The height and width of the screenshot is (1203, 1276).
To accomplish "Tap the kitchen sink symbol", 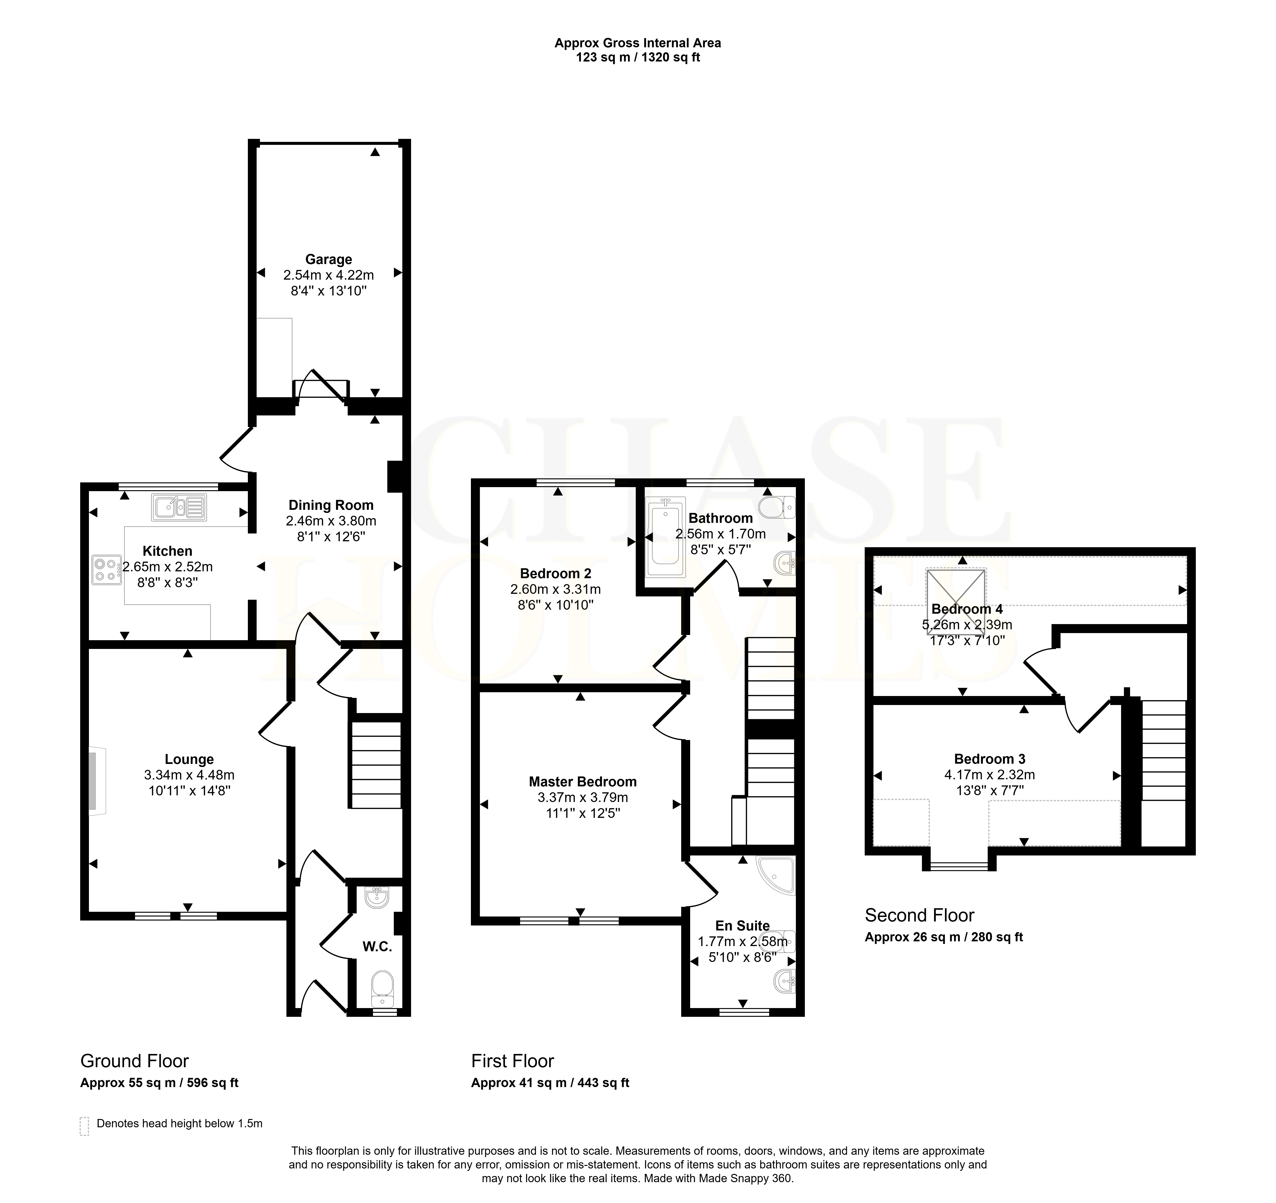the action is [179, 507].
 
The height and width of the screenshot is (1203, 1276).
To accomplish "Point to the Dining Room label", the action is [331, 505].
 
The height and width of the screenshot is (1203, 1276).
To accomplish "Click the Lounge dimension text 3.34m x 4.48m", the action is [189, 775].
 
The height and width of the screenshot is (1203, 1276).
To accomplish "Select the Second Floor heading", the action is [919, 915].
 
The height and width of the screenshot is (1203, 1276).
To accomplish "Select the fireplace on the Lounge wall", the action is [97, 781].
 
